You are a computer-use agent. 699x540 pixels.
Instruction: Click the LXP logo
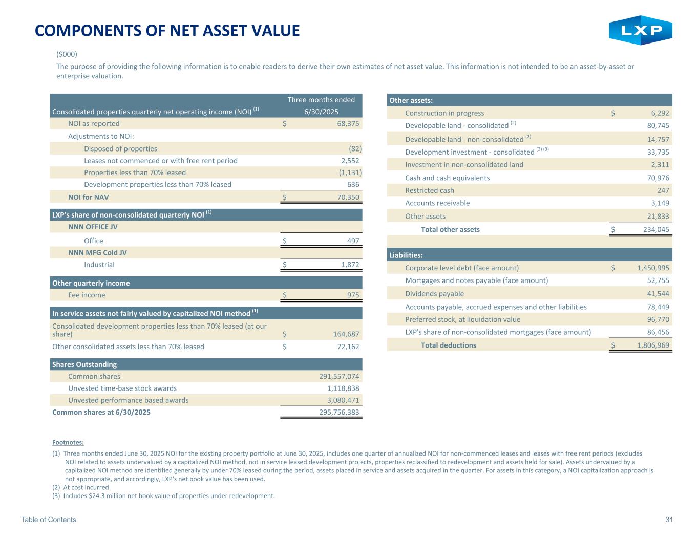(x=640, y=31)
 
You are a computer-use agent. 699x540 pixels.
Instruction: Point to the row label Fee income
(x=87, y=295)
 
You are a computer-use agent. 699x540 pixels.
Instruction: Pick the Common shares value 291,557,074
(x=338, y=376)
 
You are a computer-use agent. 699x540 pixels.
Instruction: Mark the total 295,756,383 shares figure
(x=338, y=412)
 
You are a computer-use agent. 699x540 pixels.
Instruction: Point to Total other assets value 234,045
(x=655, y=229)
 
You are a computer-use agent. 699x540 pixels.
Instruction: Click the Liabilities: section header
(x=406, y=255)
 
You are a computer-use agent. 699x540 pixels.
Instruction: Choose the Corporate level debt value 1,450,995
(x=653, y=268)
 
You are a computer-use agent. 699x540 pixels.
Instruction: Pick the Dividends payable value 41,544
(x=658, y=294)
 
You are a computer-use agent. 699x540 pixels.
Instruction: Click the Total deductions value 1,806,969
(x=653, y=345)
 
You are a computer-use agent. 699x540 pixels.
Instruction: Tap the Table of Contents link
(x=49, y=520)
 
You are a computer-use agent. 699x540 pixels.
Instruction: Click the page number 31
(x=669, y=520)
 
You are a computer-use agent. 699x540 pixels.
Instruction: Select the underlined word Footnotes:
(x=68, y=442)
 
